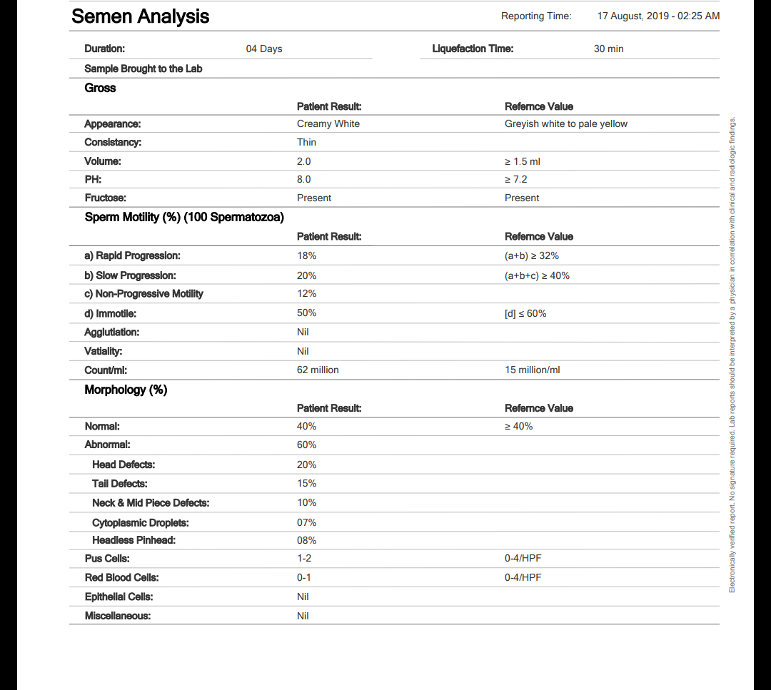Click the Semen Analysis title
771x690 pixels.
click(140, 16)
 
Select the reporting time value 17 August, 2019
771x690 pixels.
click(658, 16)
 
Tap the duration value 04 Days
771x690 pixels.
click(264, 49)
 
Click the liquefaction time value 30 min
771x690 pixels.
click(608, 49)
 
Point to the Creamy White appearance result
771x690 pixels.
click(328, 124)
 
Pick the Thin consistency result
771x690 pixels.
click(306, 143)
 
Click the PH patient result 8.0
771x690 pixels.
click(304, 180)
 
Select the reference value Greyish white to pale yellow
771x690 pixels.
click(566, 124)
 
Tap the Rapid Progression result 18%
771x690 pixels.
click(306, 255)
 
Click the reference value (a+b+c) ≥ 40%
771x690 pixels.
click(537, 275)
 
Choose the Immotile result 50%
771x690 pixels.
click(306, 313)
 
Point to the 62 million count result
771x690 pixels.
click(318, 370)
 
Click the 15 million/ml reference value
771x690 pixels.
click(533, 370)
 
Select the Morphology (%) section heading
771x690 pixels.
click(126, 390)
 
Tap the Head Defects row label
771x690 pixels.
click(124, 465)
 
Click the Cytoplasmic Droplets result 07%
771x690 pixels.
click(306, 523)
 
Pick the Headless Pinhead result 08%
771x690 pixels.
click(306, 541)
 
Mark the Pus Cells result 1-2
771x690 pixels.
click(304, 559)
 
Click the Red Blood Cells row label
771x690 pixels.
click(121, 577)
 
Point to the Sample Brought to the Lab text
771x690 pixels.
click(143, 69)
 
